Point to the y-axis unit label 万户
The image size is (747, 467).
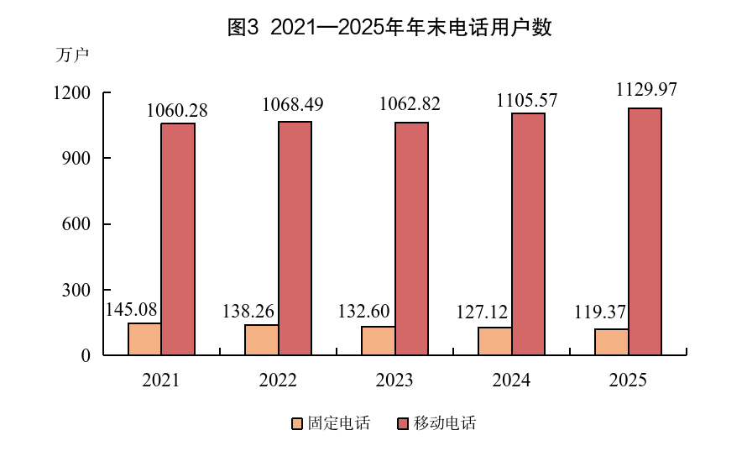click(71, 55)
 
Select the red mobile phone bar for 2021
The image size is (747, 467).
click(178, 239)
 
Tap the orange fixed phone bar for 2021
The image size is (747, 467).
click(145, 338)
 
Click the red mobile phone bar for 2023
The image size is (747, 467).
click(411, 239)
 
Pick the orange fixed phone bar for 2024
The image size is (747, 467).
click(495, 340)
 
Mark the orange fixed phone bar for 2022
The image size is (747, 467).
click(262, 339)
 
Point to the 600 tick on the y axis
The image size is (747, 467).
click(79, 224)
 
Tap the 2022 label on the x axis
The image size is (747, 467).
click(278, 380)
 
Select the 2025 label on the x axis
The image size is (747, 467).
click(628, 380)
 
